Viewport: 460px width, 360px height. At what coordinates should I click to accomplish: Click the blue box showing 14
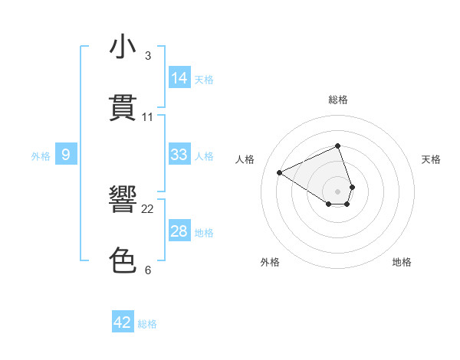point(179,78)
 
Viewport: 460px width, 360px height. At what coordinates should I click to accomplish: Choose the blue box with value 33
point(179,155)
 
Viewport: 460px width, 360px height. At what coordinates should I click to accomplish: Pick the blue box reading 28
point(179,231)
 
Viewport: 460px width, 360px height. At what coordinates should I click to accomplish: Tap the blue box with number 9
point(66,155)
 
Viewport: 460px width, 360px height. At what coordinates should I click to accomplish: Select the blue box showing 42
point(123,322)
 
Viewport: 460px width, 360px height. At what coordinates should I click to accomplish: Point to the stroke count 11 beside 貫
point(148,116)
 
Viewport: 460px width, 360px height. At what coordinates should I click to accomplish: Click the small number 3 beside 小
point(148,56)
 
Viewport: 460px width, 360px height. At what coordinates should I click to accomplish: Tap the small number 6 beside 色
point(148,270)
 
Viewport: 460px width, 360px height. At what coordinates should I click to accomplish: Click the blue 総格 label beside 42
point(147,324)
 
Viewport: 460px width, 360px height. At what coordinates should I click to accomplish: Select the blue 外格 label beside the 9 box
point(41,156)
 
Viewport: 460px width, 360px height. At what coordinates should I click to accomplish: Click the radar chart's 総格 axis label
point(338,100)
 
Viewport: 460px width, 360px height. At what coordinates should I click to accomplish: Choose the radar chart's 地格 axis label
point(402,262)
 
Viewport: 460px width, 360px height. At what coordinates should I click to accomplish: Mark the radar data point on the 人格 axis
point(279,172)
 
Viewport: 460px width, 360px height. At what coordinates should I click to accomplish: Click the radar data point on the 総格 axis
point(338,146)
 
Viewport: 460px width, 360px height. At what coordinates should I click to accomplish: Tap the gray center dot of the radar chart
point(338,190)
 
